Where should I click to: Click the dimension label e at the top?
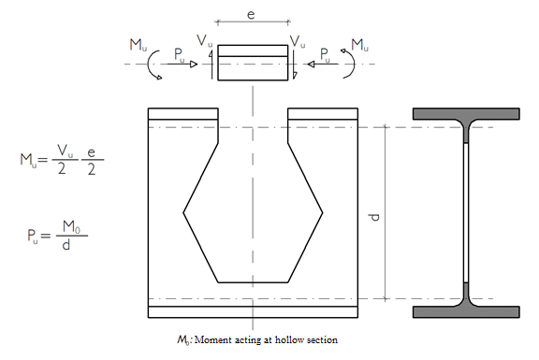(252, 14)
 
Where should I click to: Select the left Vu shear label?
(205, 40)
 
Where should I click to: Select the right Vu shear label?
(298, 41)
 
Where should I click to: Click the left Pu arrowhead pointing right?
(194, 64)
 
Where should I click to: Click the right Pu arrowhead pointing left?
(311, 64)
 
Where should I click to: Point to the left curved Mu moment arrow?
(152, 65)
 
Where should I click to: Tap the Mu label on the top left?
(138, 45)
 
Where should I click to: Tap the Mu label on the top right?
(359, 45)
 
